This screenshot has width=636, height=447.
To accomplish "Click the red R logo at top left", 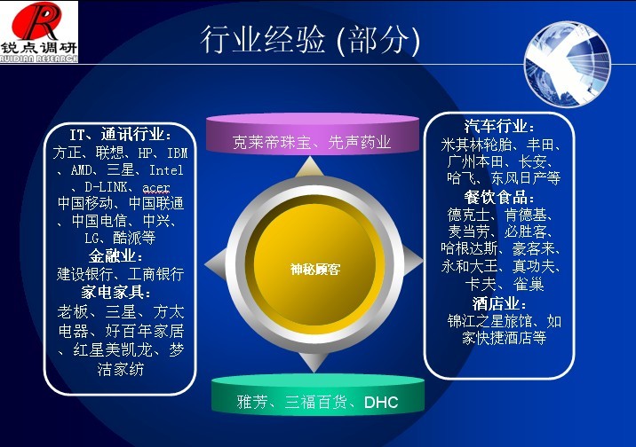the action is click(x=37, y=21).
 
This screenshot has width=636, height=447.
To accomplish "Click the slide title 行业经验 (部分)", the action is click(x=310, y=40).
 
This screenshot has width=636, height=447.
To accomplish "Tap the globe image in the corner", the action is click(x=568, y=64).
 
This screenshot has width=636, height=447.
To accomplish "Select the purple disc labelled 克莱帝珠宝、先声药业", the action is click(x=313, y=133).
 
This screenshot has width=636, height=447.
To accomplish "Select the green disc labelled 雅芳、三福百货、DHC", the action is click(x=318, y=395).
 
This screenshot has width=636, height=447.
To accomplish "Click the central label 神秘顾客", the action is click(x=314, y=269).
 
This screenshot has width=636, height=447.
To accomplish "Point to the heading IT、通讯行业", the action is click(x=120, y=134).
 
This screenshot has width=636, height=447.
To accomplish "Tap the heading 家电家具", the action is click(x=116, y=292).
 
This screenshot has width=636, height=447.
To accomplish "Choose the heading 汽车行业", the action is click(x=499, y=126).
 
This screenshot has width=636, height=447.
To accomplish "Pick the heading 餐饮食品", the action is click(x=499, y=197).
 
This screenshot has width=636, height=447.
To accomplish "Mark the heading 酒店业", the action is click(x=499, y=303).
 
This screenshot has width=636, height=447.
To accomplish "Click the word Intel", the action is click(x=166, y=170).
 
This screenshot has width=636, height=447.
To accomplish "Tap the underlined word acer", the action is click(x=156, y=187).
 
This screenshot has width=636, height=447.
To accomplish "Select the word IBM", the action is click(x=178, y=153).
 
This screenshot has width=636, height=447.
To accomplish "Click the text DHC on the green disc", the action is click(x=381, y=402).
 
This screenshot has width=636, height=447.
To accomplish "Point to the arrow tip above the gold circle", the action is click(x=310, y=158).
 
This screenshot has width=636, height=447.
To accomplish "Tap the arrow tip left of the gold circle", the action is click(x=205, y=265).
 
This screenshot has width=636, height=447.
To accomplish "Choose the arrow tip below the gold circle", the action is click(x=314, y=371).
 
